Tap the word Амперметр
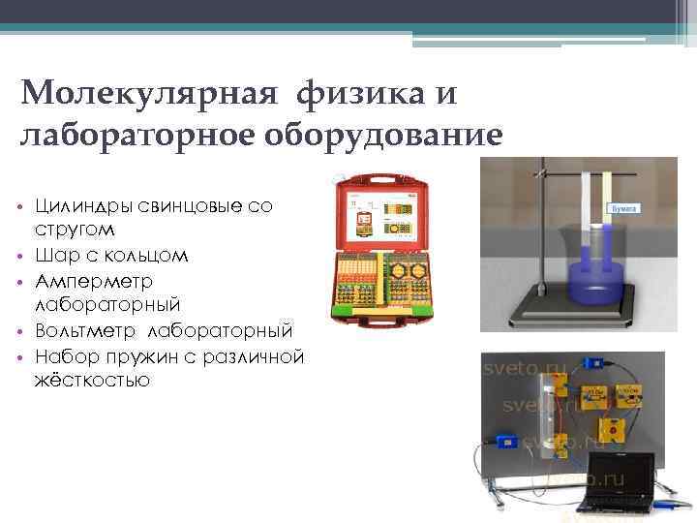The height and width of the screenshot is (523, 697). click(x=93, y=281)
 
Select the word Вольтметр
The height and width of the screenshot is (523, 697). click(x=86, y=331)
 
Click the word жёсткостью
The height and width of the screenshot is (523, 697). click(x=92, y=381)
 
